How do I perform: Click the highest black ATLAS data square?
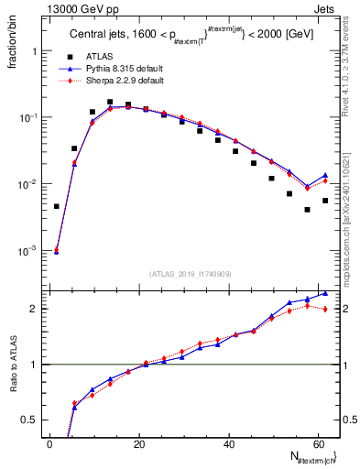110,103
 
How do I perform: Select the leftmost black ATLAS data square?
57,206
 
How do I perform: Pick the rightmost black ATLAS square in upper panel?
325,201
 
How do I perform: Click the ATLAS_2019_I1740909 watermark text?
190,275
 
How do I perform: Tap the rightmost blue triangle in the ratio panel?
325,294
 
